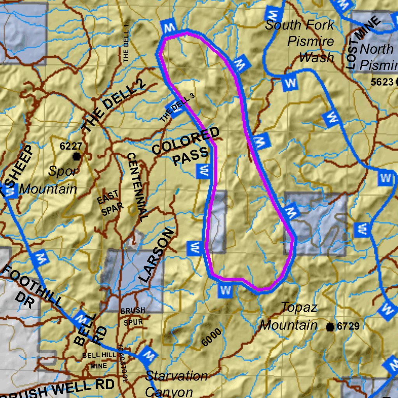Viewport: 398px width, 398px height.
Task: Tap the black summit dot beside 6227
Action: pyautogui.click(x=77, y=157)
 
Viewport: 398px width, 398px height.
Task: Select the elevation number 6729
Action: pyautogui.click(x=348, y=326)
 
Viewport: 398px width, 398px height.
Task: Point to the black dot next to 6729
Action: pyautogui.click(x=330, y=327)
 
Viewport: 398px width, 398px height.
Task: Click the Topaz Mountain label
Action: pyautogui.click(x=289, y=316)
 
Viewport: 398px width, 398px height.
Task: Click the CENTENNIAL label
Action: pyautogui.click(x=138, y=187)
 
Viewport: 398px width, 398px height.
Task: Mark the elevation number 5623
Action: pyautogui.click(x=382, y=82)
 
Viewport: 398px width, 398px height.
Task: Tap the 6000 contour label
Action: pyautogui.click(x=212, y=337)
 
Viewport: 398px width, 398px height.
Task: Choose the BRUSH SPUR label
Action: pyautogui.click(x=133, y=316)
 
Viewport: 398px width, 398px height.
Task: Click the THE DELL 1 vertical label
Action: pyautogui.click(x=126, y=43)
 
